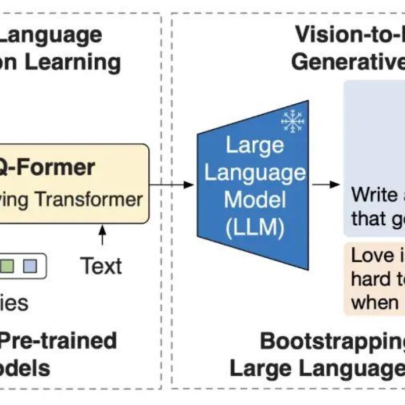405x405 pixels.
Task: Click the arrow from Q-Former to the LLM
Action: coord(172,184)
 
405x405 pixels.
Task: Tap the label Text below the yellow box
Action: coord(101,266)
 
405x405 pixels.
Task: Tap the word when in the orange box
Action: coord(375,302)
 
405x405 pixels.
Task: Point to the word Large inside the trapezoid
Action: coord(255,146)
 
